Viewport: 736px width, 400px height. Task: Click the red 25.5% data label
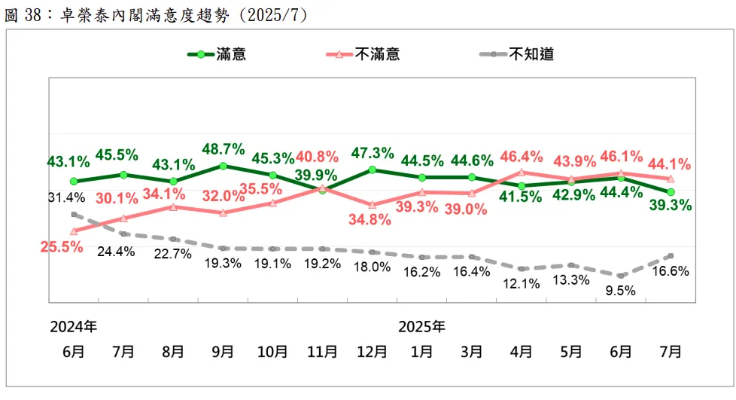[61, 247]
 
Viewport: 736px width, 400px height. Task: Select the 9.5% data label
[621, 290]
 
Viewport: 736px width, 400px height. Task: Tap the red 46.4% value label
[521, 157]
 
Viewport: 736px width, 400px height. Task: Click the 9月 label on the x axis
[223, 352]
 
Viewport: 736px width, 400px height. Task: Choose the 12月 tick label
[372, 352]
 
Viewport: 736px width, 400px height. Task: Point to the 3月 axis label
[471, 352]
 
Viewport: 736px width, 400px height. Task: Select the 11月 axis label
[322, 352]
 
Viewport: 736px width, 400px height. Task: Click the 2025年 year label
[421, 328]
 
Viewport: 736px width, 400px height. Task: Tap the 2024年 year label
[74, 328]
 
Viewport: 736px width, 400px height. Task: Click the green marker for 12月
[372, 169]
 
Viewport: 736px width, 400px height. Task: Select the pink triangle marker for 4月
[521, 173]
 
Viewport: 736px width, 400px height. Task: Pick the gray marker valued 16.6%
[670, 256]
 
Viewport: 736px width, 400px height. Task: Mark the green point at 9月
[223, 166]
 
